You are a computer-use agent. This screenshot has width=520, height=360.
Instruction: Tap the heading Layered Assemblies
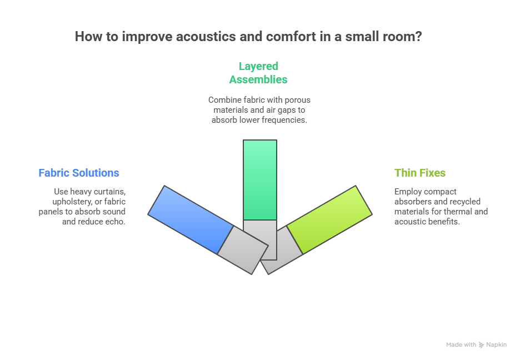coord(258,73)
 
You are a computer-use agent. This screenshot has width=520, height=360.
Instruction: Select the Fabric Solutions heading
coord(79,173)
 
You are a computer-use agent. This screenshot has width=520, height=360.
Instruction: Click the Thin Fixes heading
coord(420,173)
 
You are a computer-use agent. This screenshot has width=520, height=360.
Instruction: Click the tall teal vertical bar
coord(260,179)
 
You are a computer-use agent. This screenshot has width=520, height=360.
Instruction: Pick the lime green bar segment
coord(329,219)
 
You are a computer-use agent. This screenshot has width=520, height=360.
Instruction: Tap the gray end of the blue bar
coord(243,251)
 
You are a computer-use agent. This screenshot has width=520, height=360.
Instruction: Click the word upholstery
coord(69,202)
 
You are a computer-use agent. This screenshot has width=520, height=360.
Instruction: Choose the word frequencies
coord(284,120)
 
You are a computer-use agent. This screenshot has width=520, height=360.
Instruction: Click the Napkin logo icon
coord(482,345)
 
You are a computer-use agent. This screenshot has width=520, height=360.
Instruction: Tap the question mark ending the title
coord(417,37)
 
